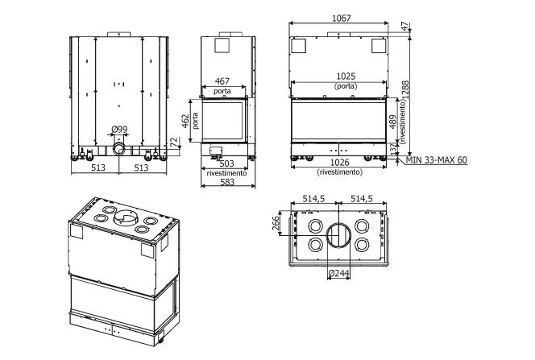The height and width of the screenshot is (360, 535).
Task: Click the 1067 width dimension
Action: (x=341, y=18)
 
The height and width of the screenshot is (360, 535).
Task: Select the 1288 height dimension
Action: (x=405, y=90)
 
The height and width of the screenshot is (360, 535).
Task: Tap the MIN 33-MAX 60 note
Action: (x=437, y=160)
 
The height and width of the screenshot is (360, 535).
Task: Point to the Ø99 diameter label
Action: (x=119, y=129)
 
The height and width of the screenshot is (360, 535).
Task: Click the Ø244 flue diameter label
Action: (x=338, y=273)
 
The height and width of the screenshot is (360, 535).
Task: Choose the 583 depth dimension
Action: (x=227, y=182)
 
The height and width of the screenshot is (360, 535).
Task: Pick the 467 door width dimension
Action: (x=222, y=81)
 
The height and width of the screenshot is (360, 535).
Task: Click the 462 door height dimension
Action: (x=185, y=121)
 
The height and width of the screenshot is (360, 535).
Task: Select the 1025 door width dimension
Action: (x=346, y=76)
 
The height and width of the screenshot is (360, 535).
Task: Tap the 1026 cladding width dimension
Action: (x=340, y=162)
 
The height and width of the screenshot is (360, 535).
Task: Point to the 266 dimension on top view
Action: (x=276, y=223)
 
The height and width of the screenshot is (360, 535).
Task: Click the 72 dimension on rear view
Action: (x=174, y=141)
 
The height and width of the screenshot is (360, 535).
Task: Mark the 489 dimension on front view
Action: (x=392, y=122)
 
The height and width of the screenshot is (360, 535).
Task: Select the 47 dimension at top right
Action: (x=405, y=27)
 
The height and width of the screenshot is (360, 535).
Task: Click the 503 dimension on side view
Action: (x=226, y=163)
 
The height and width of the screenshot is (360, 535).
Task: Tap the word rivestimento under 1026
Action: (x=339, y=172)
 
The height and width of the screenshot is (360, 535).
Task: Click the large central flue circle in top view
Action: (x=339, y=236)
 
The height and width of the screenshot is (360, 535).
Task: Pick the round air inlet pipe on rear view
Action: (x=118, y=149)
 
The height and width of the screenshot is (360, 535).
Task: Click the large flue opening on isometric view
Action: (x=126, y=217)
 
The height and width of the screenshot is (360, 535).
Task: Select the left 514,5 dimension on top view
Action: (x=313, y=198)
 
